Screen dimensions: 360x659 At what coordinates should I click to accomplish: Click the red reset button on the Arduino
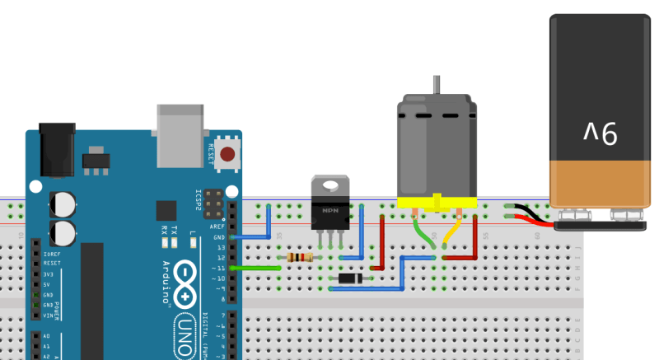point(227,152)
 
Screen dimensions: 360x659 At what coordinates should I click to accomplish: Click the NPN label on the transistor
point(330,211)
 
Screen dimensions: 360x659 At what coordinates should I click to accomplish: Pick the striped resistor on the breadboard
point(298,258)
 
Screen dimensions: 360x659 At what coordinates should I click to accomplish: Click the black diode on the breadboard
point(352,278)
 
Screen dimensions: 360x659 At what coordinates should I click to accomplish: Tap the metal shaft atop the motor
point(437,86)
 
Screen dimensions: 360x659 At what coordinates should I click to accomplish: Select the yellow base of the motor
point(437,203)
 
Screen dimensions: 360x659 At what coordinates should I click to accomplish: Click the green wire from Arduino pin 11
point(259,268)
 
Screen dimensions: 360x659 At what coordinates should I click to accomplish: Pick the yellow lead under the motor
point(452,231)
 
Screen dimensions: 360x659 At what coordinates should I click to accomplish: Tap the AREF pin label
point(217,226)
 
